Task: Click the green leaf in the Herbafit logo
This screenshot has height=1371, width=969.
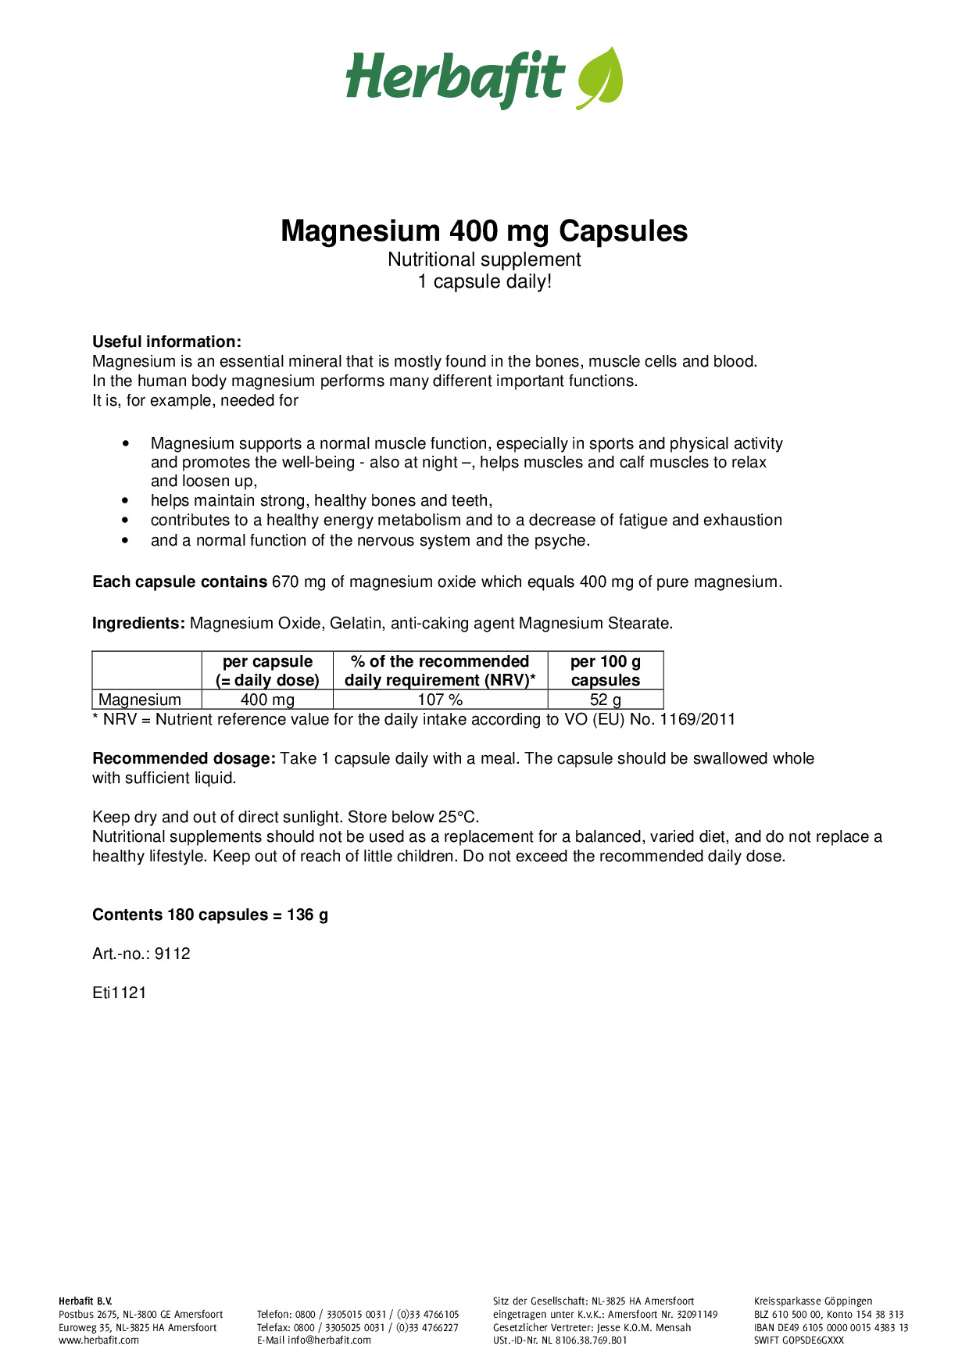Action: click(600, 78)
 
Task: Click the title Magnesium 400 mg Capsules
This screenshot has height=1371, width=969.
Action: click(484, 231)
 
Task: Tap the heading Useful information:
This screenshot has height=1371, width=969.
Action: click(166, 342)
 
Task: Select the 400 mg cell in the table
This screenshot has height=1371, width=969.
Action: click(267, 700)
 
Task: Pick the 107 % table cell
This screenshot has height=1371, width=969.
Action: click(440, 700)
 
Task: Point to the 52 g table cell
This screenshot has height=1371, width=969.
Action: click(606, 700)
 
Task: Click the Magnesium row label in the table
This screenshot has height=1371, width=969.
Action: click(140, 700)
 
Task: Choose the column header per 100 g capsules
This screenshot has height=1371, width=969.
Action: click(606, 671)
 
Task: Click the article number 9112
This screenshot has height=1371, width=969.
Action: click(173, 954)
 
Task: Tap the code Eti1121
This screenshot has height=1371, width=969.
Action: click(119, 993)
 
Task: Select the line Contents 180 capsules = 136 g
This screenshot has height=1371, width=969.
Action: click(210, 915)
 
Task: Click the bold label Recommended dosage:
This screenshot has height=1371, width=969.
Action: click(184, 758)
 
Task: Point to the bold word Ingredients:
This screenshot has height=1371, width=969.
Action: click(138, 623)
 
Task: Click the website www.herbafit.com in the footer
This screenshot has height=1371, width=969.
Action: click(98, 1340)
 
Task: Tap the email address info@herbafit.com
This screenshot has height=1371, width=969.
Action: click(329, 1340)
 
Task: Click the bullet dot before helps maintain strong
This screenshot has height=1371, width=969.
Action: click(126, 501)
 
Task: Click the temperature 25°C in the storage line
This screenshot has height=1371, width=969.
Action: click(458, 817)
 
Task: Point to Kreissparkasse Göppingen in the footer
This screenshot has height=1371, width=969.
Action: click(813, 1301)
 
